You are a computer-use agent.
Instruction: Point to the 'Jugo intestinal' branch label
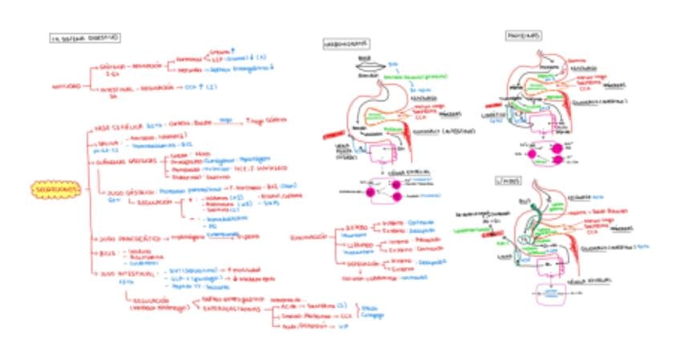[x=131, y=274]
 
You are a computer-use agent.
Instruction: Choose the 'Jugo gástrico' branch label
[x=127, y=192]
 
